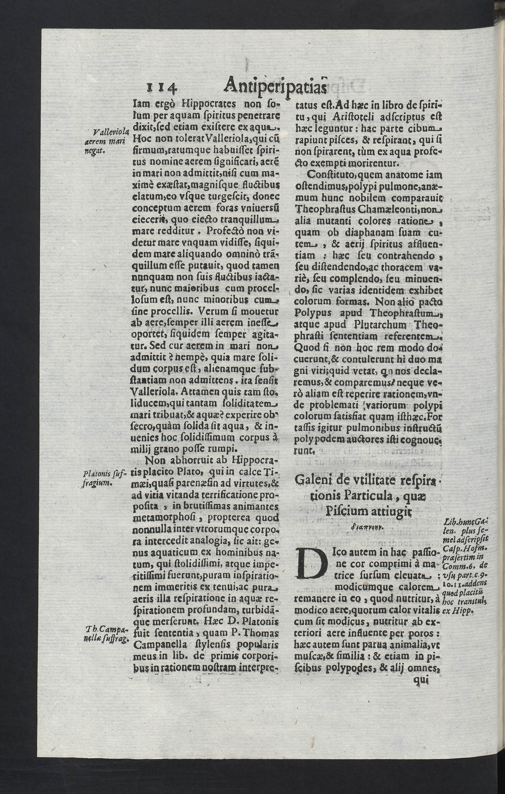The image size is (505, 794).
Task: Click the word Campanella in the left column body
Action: [160, 645]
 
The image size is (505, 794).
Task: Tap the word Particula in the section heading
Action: [348, 496]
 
